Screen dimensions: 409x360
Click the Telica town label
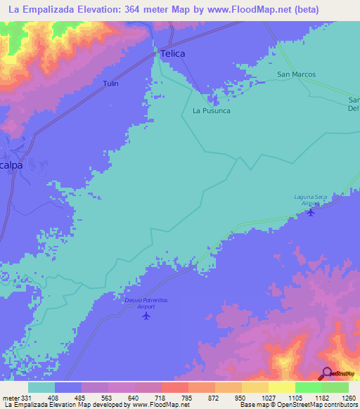click(172, 53)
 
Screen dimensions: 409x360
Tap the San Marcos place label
click(296, 74)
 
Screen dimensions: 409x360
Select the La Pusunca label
click(211, 111)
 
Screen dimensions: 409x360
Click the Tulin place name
click(110, 84)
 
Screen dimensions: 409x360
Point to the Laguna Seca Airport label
click(311, 200)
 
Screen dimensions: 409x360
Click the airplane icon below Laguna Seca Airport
click(311, 213)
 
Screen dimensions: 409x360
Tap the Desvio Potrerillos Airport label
click(146, 303)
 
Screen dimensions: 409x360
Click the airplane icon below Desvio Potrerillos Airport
click(146, 316)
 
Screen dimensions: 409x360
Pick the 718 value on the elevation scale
click(161, 398)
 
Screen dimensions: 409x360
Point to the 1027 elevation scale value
click(268, 398)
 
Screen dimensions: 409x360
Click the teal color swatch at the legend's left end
click(41, 387)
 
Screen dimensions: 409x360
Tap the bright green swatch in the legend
click(308, 387)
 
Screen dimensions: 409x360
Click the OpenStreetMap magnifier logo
click(327, 374)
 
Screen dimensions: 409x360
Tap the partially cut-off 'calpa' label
click(11, 165)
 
